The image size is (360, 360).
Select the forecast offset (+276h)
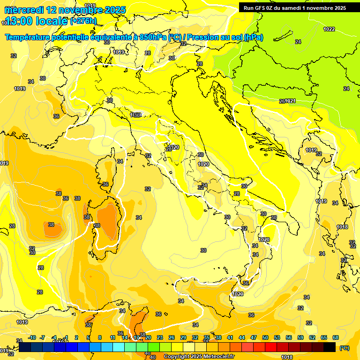point(83,21)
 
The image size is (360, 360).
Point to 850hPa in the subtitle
point(152,37)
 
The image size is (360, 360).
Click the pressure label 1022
point(329,29)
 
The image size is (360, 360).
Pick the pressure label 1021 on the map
point(290,101)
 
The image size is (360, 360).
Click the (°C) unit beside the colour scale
point(344,348)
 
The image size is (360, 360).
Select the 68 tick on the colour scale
point(336,337)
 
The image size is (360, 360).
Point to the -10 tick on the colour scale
point(32,337)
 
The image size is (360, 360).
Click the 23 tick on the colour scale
point(160,337)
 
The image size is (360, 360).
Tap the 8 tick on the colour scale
point(100,337)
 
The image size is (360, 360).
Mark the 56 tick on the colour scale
point(289,337)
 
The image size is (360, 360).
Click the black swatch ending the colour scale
point(330,347)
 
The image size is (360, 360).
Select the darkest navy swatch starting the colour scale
point(25,347)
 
